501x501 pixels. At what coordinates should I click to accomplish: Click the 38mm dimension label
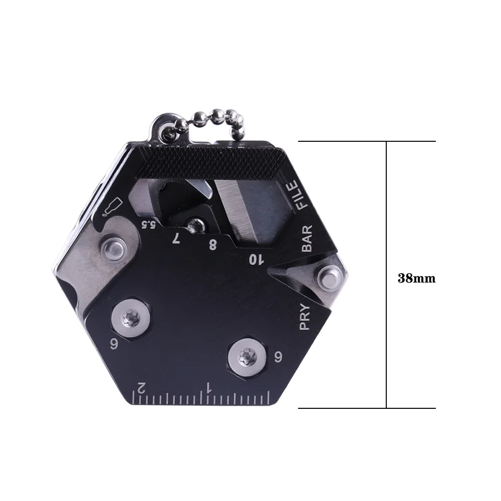(416, 279)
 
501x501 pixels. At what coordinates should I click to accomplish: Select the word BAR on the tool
(307, 238)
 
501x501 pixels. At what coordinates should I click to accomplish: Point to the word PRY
(305, 318)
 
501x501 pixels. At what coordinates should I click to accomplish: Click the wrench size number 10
(256, 259)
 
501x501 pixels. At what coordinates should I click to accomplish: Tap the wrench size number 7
(176, 238)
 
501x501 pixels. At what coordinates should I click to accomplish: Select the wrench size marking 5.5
(147, 224)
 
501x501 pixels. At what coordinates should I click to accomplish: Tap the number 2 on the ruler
(141, 387)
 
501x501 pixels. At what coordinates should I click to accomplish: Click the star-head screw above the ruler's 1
(245, 357)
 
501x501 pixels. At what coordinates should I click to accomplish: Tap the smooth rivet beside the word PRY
(330, 278)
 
